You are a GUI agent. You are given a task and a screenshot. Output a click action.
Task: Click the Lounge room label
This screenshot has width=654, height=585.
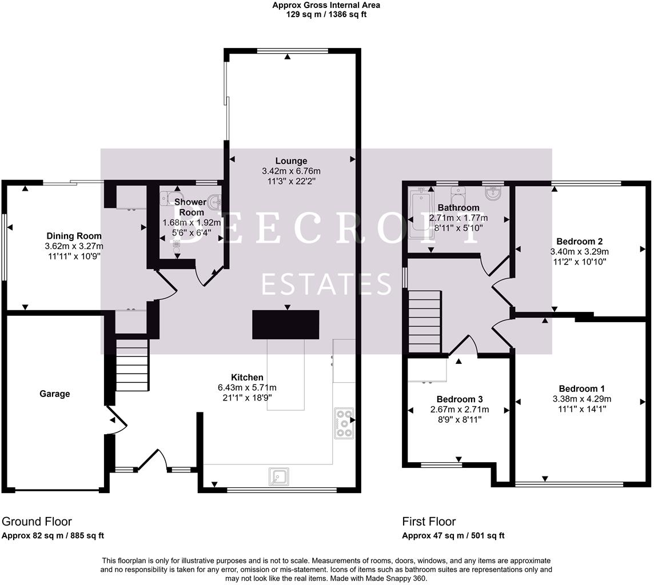(291, 161)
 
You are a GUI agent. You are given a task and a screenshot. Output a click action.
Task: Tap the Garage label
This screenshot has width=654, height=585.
(55, 394)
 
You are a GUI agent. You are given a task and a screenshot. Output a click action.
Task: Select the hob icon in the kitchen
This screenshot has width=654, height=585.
(344, 423)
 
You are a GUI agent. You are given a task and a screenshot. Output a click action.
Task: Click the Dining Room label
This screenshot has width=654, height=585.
(74, 236)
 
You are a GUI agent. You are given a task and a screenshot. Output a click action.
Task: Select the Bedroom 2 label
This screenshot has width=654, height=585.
(579, 242)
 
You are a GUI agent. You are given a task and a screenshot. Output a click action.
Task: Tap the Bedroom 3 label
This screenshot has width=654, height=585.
(459, 399)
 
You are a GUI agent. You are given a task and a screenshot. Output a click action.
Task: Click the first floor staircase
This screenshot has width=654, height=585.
(425, 322)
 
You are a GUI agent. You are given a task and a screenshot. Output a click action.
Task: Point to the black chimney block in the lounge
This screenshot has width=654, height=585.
(286, 324)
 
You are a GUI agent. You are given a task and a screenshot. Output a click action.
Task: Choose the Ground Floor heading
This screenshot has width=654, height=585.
(37, 522)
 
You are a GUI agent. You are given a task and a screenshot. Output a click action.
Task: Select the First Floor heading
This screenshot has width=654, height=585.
(429, 522)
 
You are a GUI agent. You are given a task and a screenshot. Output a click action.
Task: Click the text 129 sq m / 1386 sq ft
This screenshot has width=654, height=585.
(326, 14)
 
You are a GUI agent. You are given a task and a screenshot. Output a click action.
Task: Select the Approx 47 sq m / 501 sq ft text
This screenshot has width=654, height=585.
(453, 536)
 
